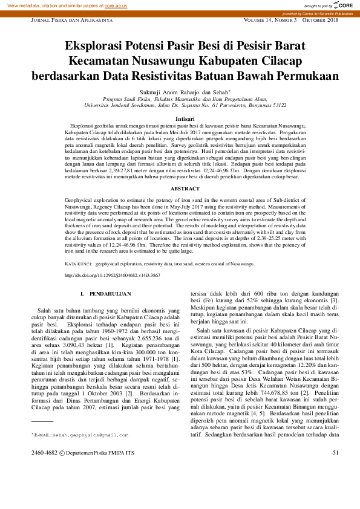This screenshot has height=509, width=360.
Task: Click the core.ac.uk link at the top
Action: [116, 5]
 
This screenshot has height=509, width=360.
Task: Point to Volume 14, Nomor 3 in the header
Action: [270, 20]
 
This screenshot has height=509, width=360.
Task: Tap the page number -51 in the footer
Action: [335, 452]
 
